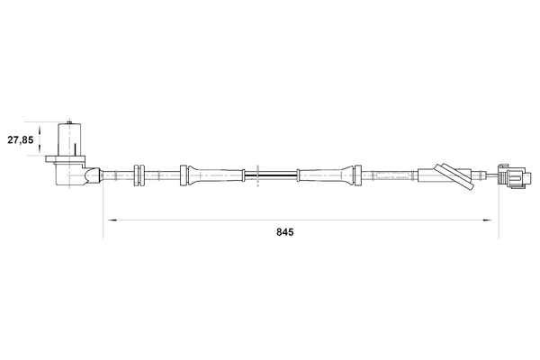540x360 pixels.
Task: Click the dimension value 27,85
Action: tap(21, 140)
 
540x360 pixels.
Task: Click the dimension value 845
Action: tap(285, 231)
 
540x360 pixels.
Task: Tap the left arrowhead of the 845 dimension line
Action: tap(108, 220)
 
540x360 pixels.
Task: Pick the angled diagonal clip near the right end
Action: tap(454, 177)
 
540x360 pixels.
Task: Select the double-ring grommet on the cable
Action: tap(139, 175)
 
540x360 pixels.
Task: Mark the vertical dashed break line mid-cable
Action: tap(258, 175)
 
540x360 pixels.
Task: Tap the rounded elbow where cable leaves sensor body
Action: tap(93, 175)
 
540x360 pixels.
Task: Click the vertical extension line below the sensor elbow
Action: tap(103, 211)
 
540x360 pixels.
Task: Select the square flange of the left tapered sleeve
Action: tap(184, 175)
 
